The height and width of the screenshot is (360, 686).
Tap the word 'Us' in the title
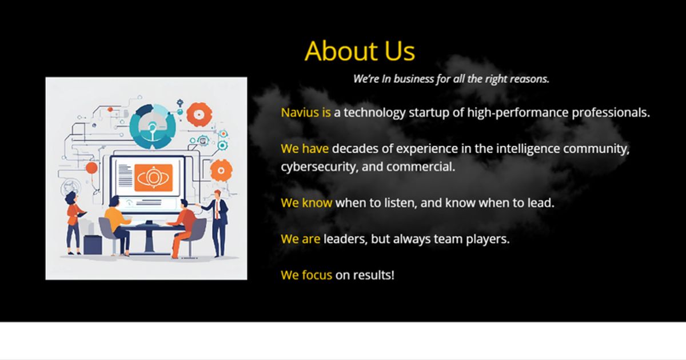point(399,51)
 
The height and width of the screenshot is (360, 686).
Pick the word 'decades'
point(355,149)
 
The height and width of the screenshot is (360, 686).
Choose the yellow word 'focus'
point(316,275)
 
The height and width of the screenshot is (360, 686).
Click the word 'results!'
point(373,275)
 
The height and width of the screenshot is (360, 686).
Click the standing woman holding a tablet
point(73,223)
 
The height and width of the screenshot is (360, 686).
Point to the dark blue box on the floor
point(93,244)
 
